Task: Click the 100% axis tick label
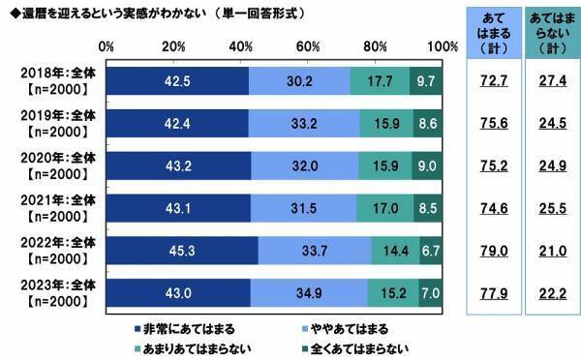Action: coord(441,46)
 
